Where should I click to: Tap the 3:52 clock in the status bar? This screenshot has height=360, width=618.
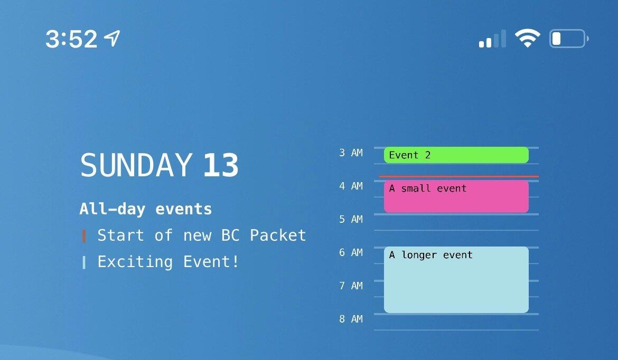click(71, 39)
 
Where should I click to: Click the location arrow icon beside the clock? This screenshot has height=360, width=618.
click(112, 38)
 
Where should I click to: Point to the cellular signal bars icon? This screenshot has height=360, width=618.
click(492, 39)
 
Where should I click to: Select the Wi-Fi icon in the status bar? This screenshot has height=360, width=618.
click(528, 38)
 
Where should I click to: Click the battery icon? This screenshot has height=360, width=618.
click(569, 39)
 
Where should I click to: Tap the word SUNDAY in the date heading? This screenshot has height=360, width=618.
click(136, 165)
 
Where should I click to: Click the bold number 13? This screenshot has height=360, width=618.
click(221, 165)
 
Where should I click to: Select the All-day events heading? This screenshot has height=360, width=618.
click(145, 209)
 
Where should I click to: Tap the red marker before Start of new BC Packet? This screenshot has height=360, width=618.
click(83, 236)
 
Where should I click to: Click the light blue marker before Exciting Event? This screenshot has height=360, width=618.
click(83, 262)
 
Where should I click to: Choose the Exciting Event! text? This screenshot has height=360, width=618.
click(168, 261)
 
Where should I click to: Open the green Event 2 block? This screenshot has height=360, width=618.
click(456, 155)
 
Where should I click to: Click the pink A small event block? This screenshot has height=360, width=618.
click(456, 196)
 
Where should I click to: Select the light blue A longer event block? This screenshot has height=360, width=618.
click(456, 280)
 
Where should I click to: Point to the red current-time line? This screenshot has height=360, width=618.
click(459, 176)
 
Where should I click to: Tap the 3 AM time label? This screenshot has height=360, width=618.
click(351, 153)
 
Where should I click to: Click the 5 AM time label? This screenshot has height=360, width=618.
click(351, 219)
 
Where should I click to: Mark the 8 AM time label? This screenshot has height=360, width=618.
click(351, 319)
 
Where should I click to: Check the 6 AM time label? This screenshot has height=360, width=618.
click(351, 252)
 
